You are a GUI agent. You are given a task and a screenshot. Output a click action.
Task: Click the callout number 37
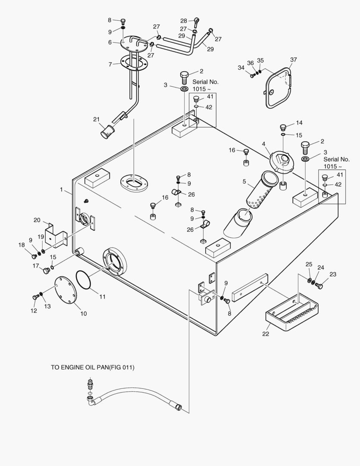pos(294,59)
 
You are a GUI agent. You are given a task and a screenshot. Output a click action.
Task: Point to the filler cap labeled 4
pos(282,163)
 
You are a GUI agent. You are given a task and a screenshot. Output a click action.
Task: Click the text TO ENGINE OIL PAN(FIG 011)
pos(93,368)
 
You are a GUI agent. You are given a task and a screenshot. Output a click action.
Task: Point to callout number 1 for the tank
pos(61,189)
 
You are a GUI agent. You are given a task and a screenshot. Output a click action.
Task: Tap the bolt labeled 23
pos(319,285)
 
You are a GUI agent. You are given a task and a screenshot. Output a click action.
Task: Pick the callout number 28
pos(184,21)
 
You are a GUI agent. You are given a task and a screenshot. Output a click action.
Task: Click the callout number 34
pos(241,67)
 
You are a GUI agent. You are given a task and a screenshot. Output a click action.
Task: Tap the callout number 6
pos(110,42)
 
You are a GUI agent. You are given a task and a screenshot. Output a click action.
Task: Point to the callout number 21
pos(96,119)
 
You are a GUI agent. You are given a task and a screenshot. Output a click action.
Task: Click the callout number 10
pos(83,313)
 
